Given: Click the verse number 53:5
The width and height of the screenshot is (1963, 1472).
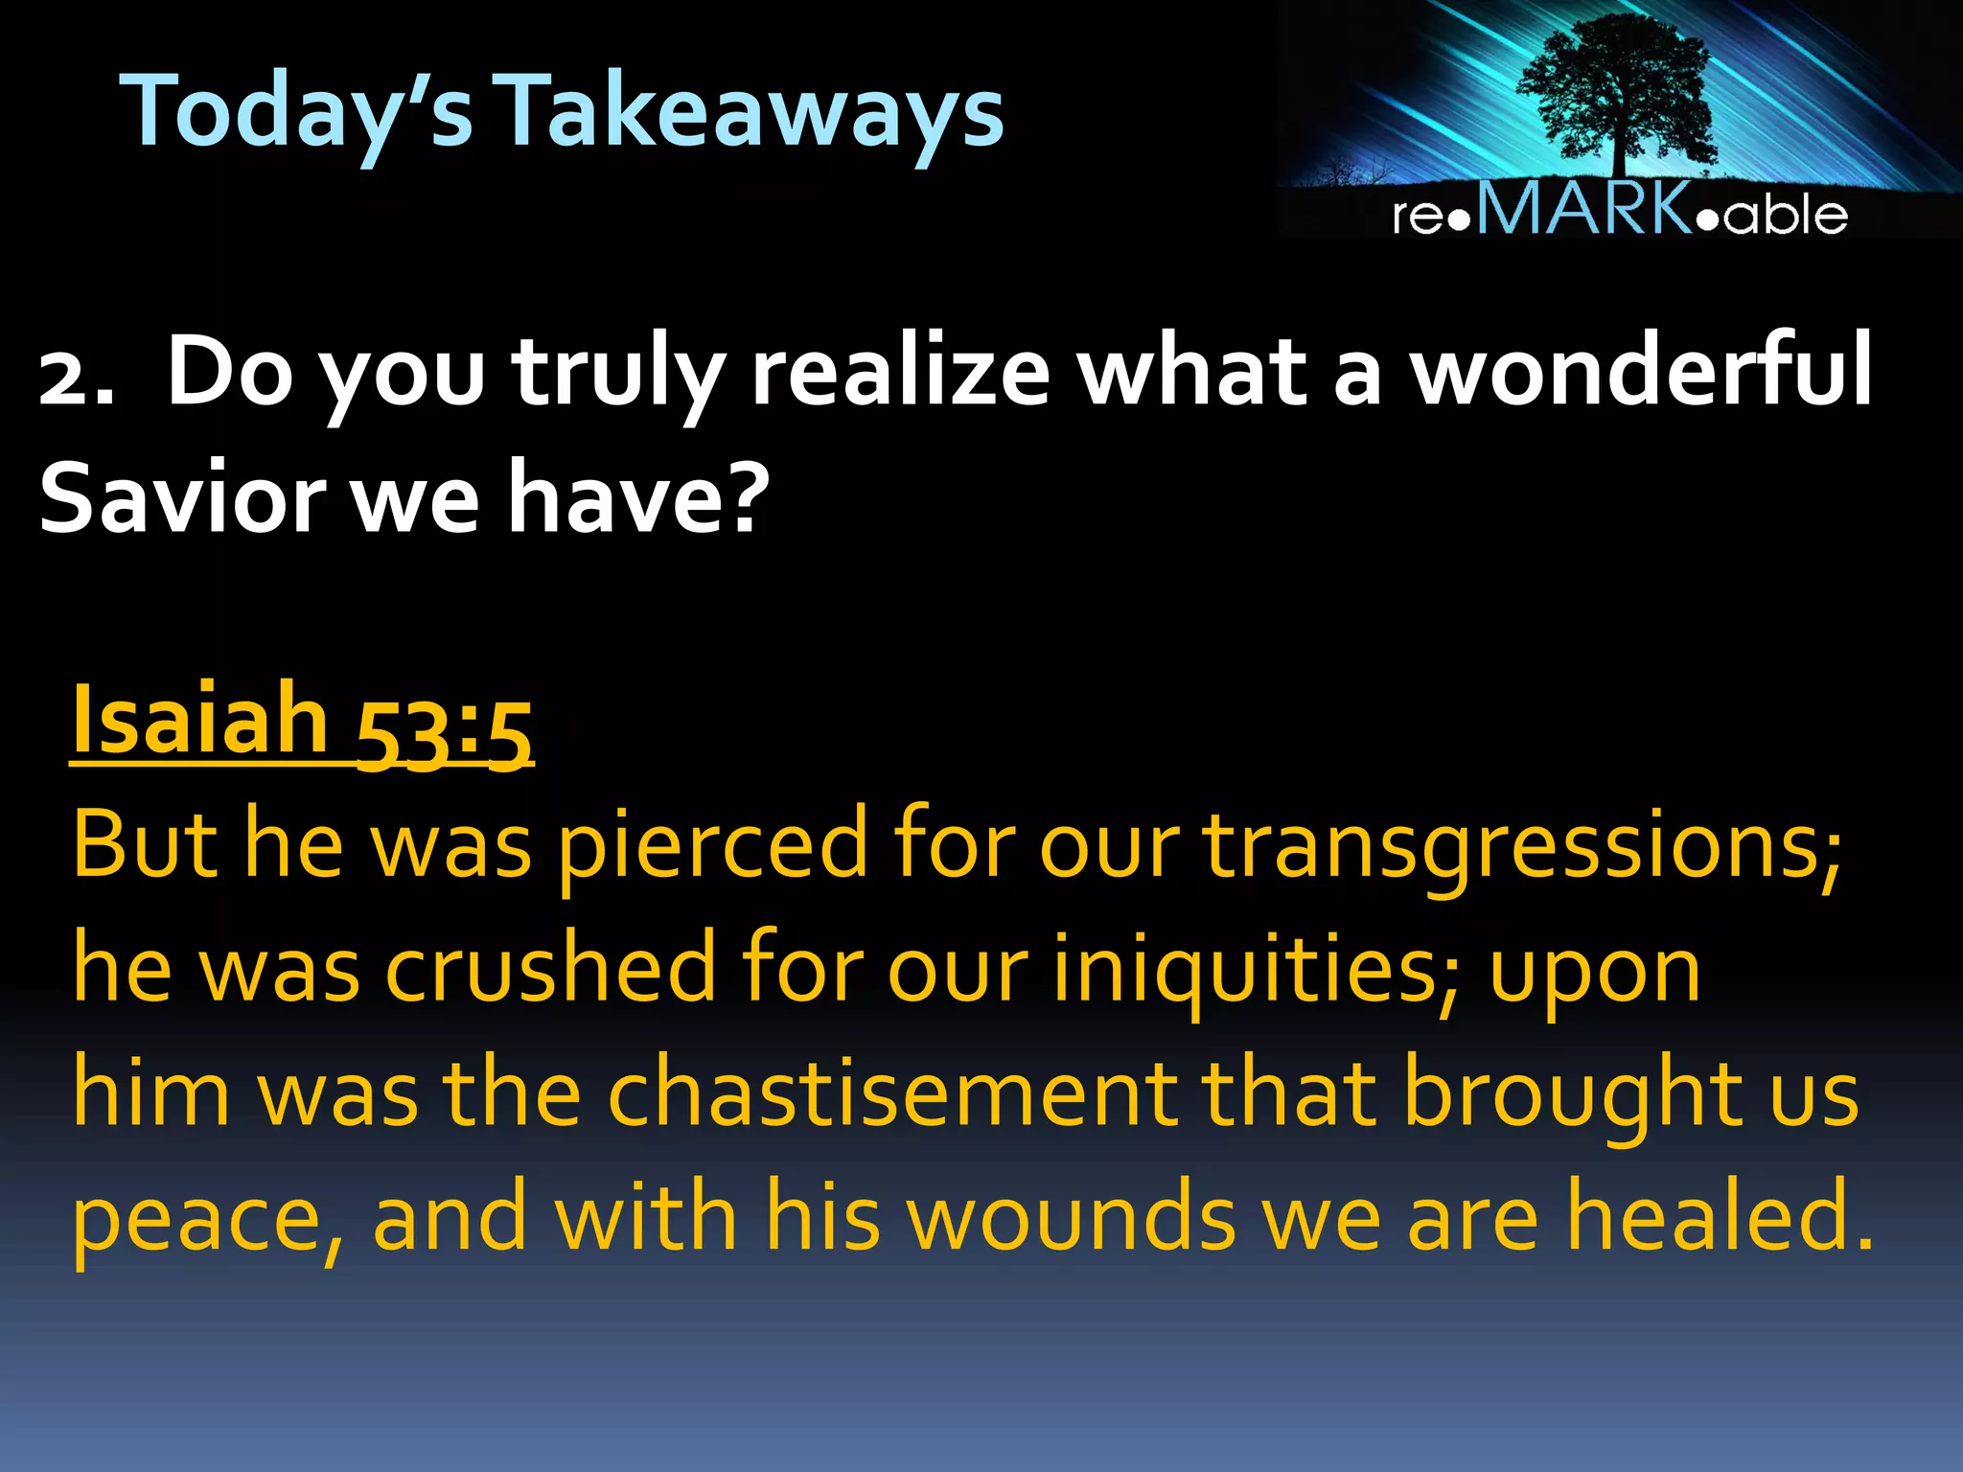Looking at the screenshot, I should [444, 732].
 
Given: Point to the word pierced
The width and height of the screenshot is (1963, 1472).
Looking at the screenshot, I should [712, 843].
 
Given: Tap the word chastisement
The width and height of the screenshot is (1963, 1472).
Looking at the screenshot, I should [892, 1092].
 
